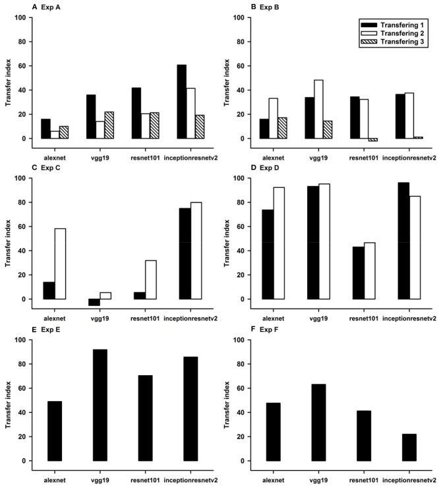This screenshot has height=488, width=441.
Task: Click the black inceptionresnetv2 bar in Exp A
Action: pyautogui.click(x=182, y=102)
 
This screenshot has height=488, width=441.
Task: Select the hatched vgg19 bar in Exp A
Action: pyautogui.click(x=109, y=125)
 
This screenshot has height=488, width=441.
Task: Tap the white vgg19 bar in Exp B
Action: pyautogui.click(x=318, y=109)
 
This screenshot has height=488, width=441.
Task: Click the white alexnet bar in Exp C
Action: pyautogui.click(x=61, y=264)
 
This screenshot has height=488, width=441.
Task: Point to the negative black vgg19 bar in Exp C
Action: pyautogui.click(x=94, y=302)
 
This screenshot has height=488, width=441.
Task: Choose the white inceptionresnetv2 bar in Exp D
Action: pyautogui.click(x=415, y=248)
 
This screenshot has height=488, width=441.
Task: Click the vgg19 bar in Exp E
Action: pyautogui.click(x=100, y=405)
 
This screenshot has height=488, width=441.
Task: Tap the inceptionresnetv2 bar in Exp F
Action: pyautogui.click(x=409, y=448)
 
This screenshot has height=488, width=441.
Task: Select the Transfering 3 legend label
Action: pyautogui.click(x=402, y=42)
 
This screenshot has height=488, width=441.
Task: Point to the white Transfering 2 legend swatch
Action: pyautogui.click(x=368, y=33)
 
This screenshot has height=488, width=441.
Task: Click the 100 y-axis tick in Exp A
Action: pyautogui.click(x=20, y=17)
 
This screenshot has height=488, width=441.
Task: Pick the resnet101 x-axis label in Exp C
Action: pyautogui.click(x=145, y=319)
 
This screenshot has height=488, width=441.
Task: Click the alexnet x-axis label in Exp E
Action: pyautogui.click(x=55, y=480)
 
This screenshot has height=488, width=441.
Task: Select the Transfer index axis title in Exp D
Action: pyautogui.click(x=226, y=243)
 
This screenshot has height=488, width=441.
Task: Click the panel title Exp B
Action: pyautogui.click(x=270, y=7)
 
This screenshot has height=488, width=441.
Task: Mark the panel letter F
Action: pyautogui.click(x=253, y=329)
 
